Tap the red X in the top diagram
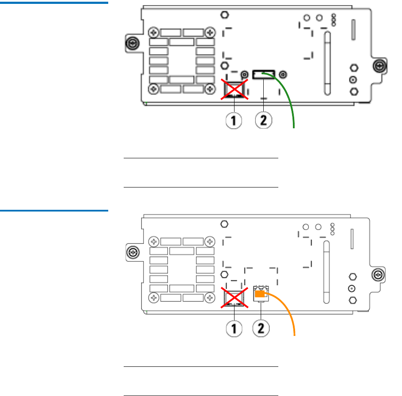coord(234,89)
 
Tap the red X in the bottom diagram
coord(234,297)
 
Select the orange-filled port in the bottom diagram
coord(259,294)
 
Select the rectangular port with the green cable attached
coord(263,75)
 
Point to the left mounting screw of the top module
coord(132,44)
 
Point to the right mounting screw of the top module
coord(378,66)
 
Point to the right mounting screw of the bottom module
coord(378,274)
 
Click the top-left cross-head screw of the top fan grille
coord(153,32)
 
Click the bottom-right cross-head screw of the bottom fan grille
coord(210,298)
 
